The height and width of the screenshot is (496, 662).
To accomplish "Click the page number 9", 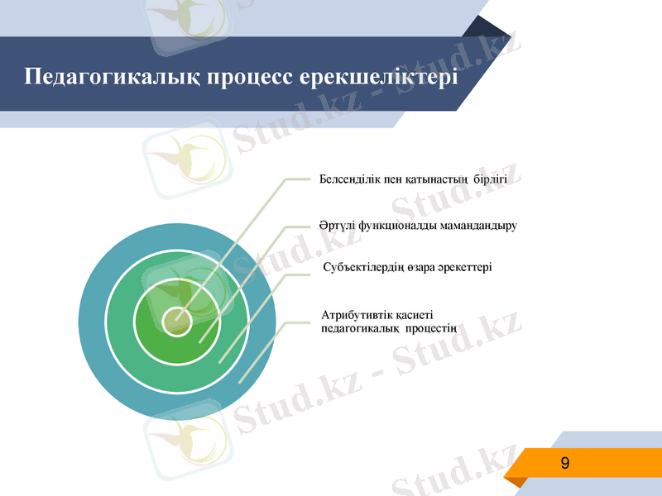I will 565,463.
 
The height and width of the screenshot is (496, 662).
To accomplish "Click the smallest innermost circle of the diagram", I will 176,321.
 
